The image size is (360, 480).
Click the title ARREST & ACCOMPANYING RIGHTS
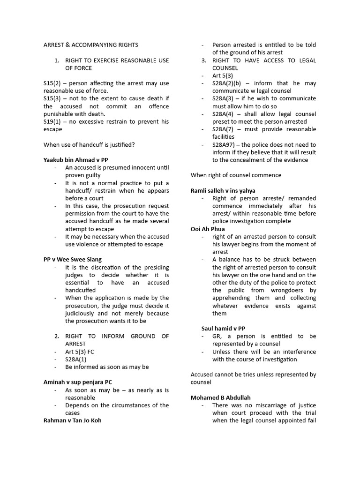tap(90, 45)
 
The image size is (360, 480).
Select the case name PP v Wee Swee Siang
tap(72, 259)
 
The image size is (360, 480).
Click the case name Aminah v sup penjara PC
tap(77, 382)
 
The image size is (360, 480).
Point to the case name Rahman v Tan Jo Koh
tap(72, 420)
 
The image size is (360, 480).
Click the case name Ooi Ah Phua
tap(208, 229)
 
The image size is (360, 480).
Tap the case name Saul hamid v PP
tap(223, 329)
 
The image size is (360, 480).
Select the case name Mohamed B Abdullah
tap(220, 397)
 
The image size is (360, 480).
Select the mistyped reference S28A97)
tap(224, 145)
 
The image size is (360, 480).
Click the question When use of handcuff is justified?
tap(89, 145)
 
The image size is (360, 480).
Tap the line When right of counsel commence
tap(236, 175)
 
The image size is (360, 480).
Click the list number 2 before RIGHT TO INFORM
tap(56, 336)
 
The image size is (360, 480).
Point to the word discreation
tap(99, 267)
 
